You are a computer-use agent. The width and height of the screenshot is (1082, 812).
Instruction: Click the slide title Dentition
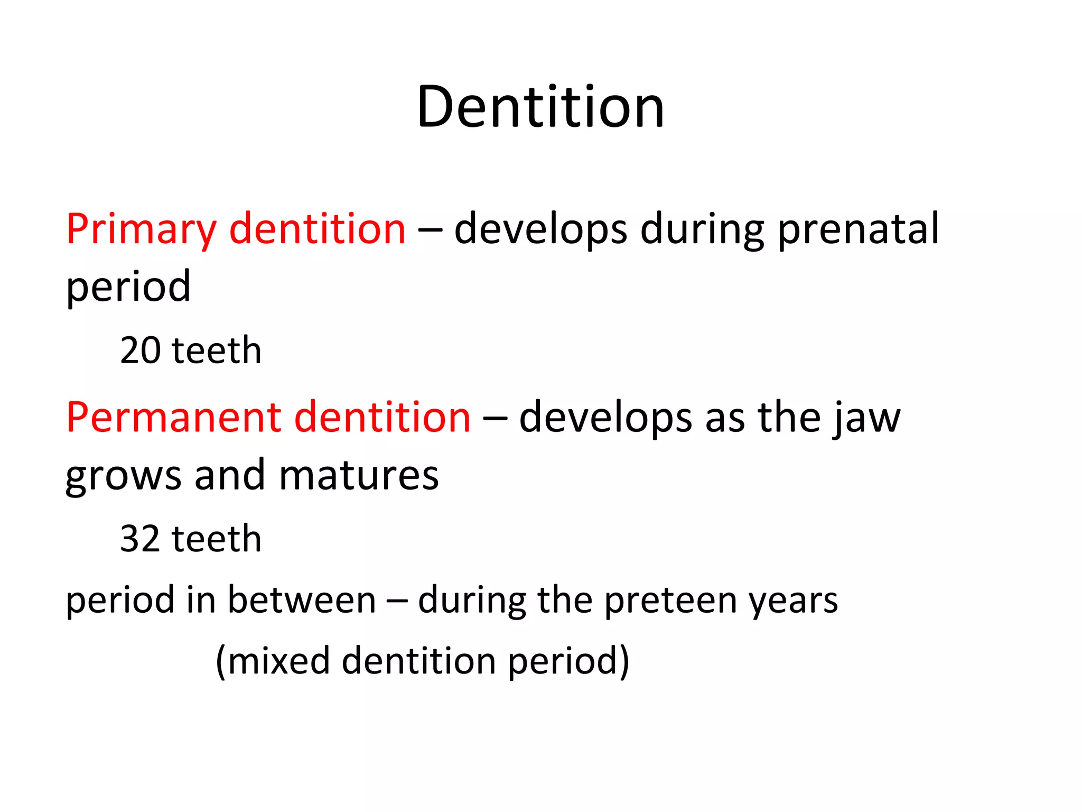click(540, 107)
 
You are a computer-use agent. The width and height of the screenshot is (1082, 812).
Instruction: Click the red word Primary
click(141, 229)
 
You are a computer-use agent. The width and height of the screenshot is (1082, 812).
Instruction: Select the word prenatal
click(859, 229)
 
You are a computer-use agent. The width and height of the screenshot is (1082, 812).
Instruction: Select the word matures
click(359, 475)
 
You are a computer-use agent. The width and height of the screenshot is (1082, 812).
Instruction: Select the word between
click(302, 601)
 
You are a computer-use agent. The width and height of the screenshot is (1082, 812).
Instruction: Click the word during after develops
click(702, 229)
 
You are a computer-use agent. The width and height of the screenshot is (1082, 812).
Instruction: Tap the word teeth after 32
click(217, 539)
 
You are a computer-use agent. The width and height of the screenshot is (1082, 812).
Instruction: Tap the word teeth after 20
click(217, 351)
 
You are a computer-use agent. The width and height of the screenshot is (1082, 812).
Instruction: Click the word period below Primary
click(128, 287)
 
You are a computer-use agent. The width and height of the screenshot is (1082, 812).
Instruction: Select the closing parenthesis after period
click(624, 661)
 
